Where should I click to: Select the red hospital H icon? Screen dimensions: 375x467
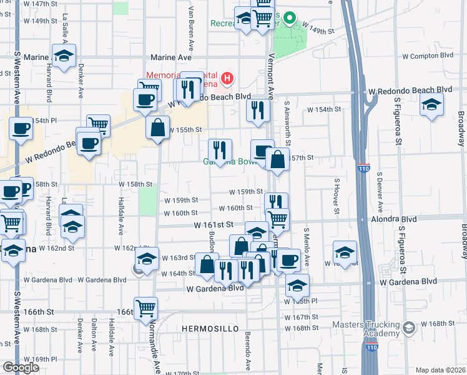click(228, 79)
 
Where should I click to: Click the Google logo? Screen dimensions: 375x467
click(21, 367)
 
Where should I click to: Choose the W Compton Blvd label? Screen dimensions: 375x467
click(427, 56)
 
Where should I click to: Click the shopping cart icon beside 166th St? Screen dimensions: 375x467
click(145, 307)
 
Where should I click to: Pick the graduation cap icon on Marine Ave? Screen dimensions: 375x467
click(64, 56)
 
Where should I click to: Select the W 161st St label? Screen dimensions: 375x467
click(213, 224)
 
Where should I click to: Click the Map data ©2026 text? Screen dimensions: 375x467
click(441, 370)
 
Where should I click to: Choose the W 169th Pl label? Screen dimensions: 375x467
click(44, 359)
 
